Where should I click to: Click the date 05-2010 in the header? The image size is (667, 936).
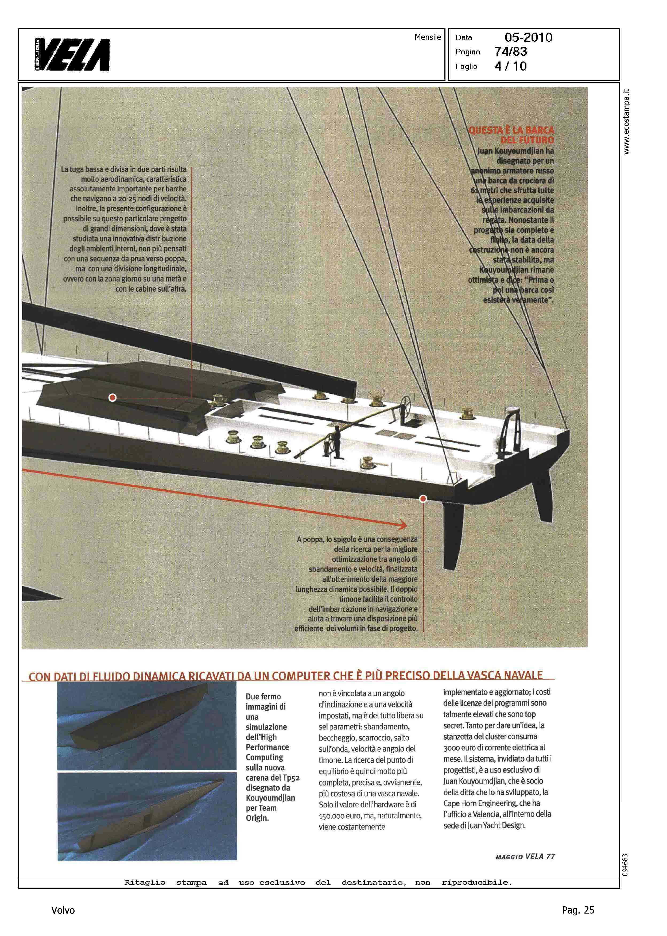click(x=528, y=37)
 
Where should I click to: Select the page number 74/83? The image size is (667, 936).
click(x=510, y=52)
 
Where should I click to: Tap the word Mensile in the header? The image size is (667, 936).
click(x=428, y=37)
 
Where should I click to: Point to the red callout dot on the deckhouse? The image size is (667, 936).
click(x=112, y=397)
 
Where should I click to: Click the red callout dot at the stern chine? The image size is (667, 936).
click(x=423, y=498)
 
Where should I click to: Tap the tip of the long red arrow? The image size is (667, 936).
click(x=407, y=525)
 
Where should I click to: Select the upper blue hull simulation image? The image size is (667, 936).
click(x=141, y=725)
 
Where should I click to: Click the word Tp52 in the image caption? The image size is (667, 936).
click(x=291, y=778)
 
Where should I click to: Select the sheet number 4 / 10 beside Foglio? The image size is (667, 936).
click(x=510, y=66)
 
